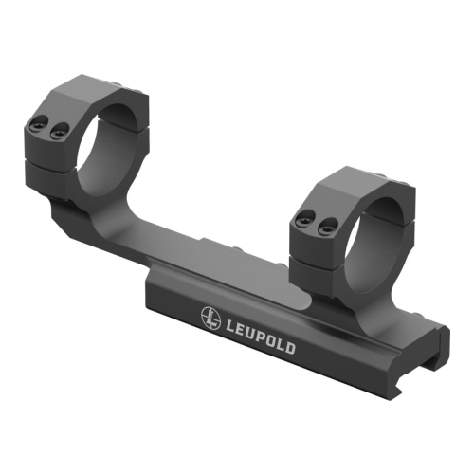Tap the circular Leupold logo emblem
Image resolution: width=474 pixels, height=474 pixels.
pos(210,318)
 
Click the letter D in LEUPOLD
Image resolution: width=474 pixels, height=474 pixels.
pos(290,348)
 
